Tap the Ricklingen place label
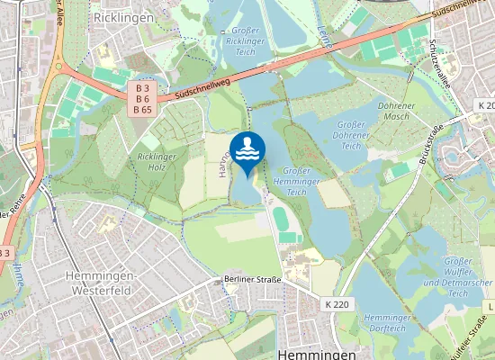coord(124,17)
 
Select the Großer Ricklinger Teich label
coord(245,41)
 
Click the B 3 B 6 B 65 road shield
coord(142,99)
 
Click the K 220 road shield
coord(336,304)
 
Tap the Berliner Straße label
coord(253,280)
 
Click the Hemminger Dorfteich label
coord(388,323)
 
